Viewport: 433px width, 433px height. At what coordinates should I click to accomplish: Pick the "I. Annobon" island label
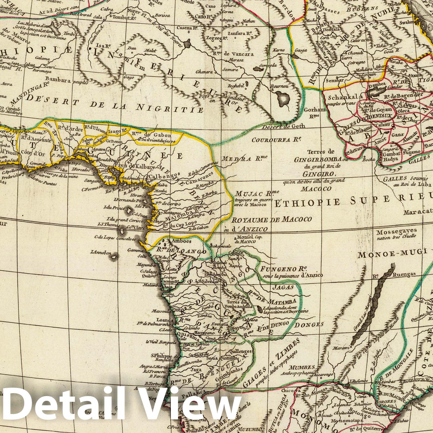[x=101, y=253]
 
